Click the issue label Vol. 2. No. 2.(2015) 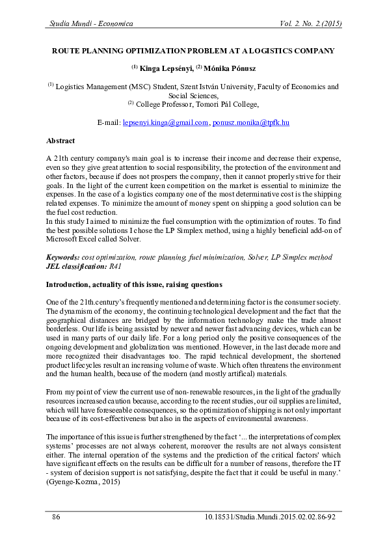[x=310, y=23]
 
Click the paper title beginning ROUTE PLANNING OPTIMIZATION [x=193, y=50]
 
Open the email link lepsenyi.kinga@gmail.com [x=165, y=122]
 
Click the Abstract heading [x=60, y=141]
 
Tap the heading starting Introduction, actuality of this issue [x=133, y=285]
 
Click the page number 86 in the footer [x=56, y=517]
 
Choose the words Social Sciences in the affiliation [x=193, y=95]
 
